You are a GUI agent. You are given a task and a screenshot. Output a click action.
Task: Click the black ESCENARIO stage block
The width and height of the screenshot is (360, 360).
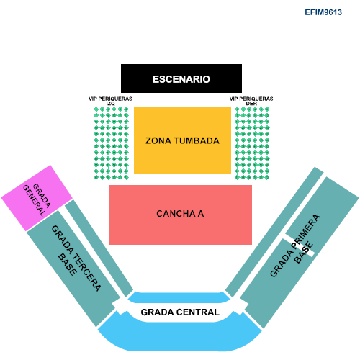click(x=181, y=78)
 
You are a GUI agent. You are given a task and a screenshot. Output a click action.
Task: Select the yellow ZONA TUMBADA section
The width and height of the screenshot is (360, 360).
click(x=182, y=140)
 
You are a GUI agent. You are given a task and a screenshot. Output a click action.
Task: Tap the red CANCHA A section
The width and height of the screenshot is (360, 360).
click(x=180, y=215)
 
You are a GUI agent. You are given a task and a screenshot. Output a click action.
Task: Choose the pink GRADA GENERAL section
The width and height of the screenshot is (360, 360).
click(x=37, y=198)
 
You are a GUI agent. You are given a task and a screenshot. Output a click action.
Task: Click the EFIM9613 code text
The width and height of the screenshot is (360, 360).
click(x=323, y=12)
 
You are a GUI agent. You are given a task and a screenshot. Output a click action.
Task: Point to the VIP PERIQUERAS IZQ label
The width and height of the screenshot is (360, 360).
click(x=110, y=101)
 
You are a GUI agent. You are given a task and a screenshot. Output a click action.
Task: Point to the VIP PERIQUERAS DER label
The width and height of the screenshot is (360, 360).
click(x=251, y=101)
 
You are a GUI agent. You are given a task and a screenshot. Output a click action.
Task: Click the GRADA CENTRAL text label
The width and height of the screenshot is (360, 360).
click(x=180, y=312)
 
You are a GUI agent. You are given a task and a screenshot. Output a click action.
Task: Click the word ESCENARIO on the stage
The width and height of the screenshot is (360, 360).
click(x=181, y=79)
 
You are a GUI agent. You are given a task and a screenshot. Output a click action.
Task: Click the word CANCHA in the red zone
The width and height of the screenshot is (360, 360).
click(x=176, y=214)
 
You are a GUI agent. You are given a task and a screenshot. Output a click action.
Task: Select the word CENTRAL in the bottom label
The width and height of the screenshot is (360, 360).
click(x=197, y=312)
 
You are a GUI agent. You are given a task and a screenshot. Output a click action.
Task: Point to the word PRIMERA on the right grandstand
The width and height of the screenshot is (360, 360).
click(x=305, y=231)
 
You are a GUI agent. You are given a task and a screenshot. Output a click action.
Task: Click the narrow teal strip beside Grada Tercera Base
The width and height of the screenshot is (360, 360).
click(x=99, y=248)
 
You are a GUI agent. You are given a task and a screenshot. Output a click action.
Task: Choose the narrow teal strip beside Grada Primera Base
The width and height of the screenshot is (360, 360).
click(x=274, y=232)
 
